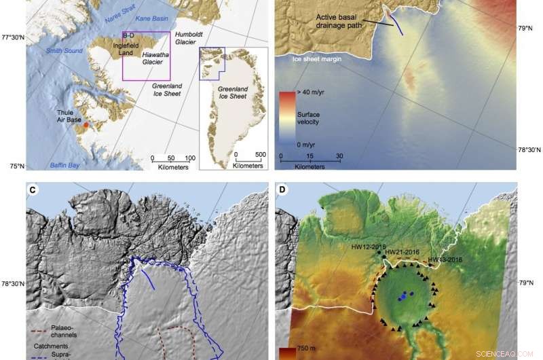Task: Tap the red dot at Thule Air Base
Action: coord(84,126)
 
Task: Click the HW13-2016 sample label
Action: coord(446,259)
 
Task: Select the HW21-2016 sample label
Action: coord(404,253)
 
